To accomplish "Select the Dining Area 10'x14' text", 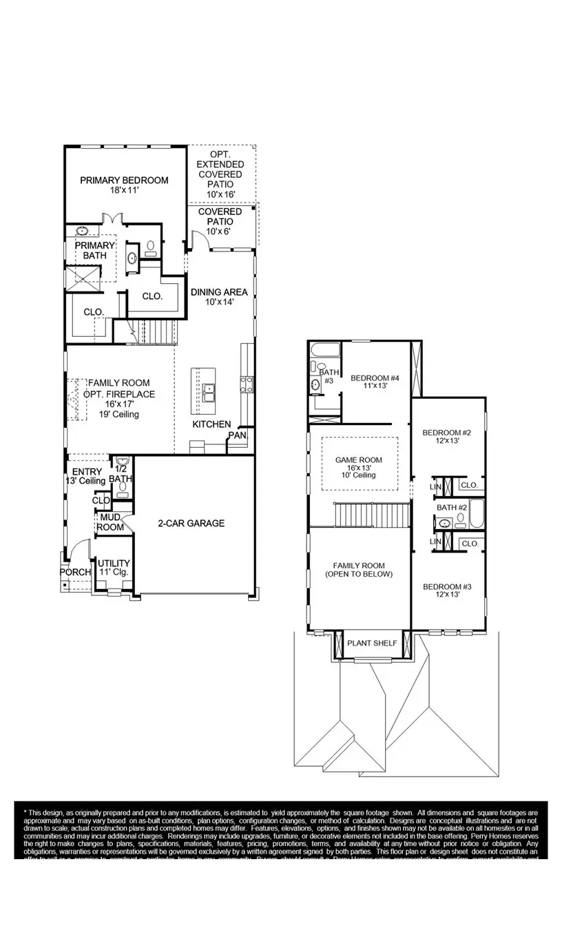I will pos(219,297).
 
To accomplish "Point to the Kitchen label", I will pos(211,424).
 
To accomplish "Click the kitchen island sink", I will pos(209,391).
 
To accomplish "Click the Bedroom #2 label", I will pos(446,437).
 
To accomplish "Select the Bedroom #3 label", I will pos(446,591).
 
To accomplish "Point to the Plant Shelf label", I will pos(372,644).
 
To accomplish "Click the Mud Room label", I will pos(111,522).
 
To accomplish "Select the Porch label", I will pos(75,573).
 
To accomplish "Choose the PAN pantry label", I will pos(237,435).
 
